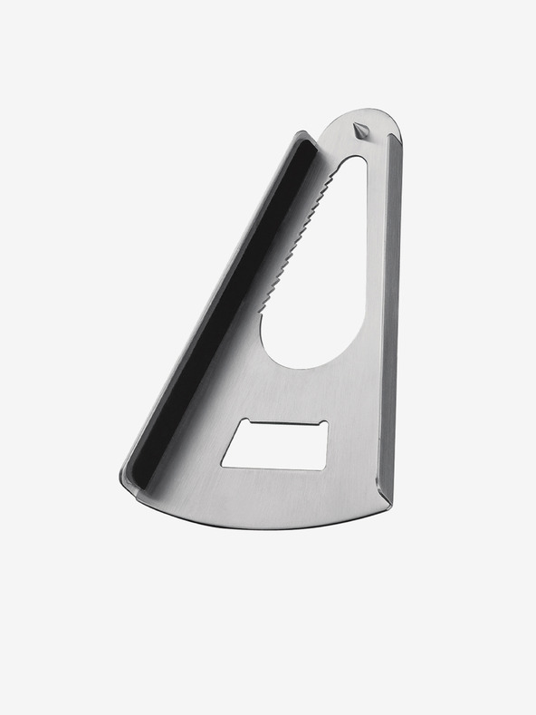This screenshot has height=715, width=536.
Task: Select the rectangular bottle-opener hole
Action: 275,446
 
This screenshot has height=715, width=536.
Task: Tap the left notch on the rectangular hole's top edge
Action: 249,424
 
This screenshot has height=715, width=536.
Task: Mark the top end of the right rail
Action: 395,138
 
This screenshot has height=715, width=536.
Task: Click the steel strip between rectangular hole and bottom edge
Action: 272,494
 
